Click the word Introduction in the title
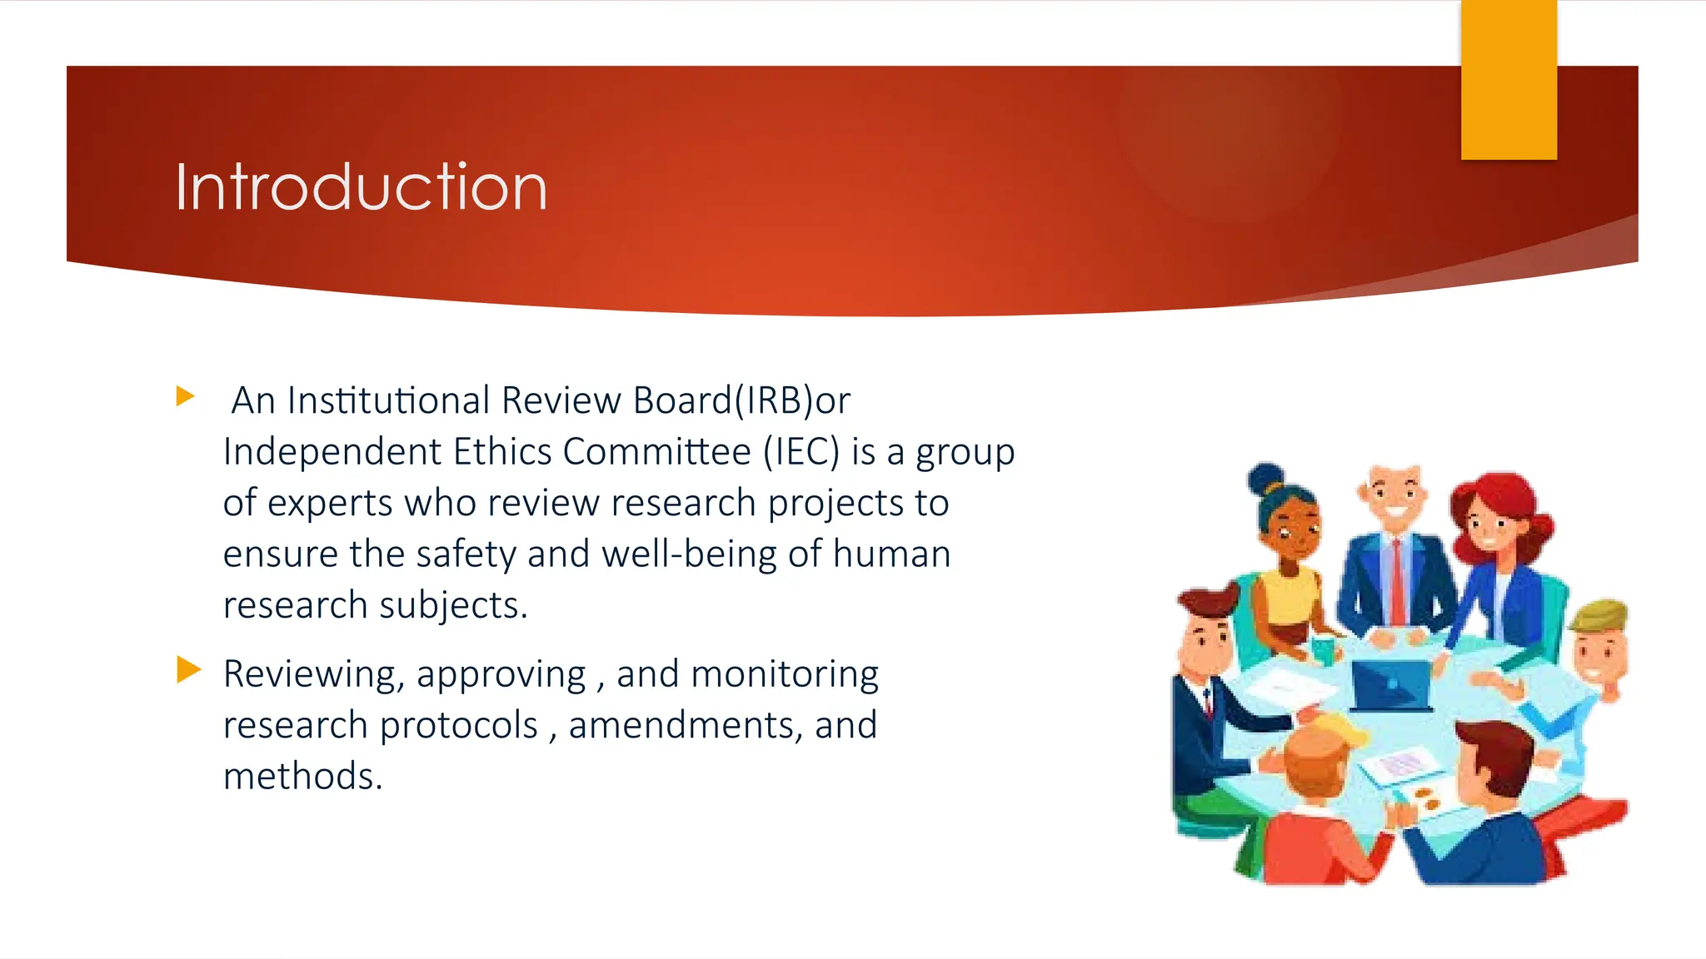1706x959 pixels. pos(361,186)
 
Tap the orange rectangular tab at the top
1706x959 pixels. pos(1508,80)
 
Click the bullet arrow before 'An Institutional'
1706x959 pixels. pos(185,396)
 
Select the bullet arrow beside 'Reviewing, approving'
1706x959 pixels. pos(188,669)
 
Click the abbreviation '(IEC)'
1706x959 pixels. pos(801,452)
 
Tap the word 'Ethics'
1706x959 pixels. pos(502,452)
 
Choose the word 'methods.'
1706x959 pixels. pos(302,776)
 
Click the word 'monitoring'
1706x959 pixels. pos(785,674)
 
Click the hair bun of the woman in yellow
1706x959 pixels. pos(1265,479)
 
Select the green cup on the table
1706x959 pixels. pos(1323,649)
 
